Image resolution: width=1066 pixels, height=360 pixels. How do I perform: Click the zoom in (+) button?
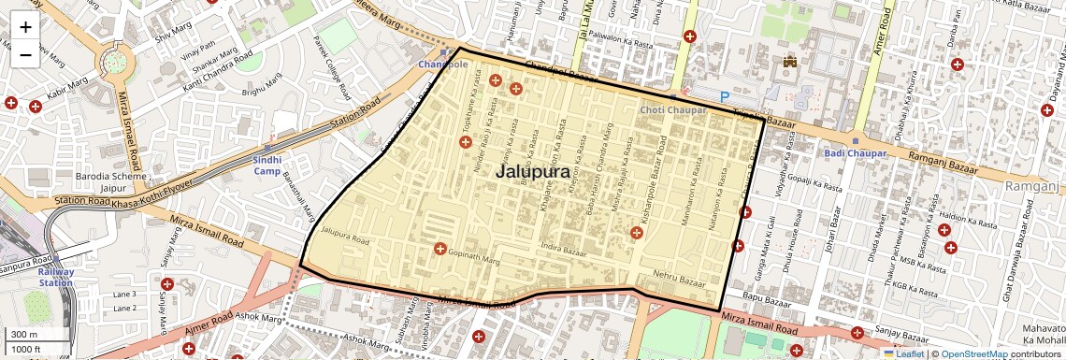[x=25, y=26]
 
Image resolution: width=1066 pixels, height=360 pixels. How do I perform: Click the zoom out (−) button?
[x=25, y=54]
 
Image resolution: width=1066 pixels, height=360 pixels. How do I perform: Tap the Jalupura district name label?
[x=532, y=172]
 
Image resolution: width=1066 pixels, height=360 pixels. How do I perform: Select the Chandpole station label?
[x=441, y=64]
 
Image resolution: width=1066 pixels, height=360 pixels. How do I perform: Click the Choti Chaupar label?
[x=672, y=110]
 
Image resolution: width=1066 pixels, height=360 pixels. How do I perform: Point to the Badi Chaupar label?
[x=849, y=152]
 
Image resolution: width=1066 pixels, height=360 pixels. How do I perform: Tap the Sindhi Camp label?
[x=266, y=165]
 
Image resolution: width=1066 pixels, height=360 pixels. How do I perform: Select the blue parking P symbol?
[x=725, y=96]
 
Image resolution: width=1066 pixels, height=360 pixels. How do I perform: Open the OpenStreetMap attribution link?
[x=973, y=354]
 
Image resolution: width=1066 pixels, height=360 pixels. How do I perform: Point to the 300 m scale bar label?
[x=24, y=335]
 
